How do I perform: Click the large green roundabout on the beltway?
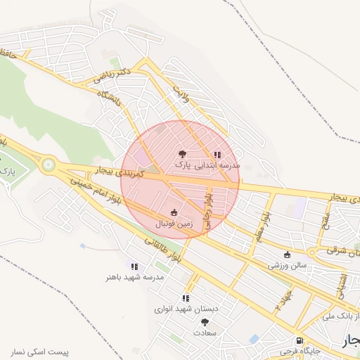click(48, 165)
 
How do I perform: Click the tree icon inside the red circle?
click(182, 153)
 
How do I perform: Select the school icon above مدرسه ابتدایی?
click(218, 155)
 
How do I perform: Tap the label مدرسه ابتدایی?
click(219, 165)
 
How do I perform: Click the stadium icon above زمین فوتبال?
click(174, 212)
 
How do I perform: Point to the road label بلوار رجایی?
click(208, 208)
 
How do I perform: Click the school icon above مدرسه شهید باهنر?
click(134, 266)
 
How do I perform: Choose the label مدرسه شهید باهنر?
click(134, 277)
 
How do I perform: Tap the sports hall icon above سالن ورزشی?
click(287, 255)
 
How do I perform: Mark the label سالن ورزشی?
click(287, 266)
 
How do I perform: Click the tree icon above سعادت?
click(205, 321)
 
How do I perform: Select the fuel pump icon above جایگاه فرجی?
click(300, 340)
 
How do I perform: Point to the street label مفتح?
click(325, 220)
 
